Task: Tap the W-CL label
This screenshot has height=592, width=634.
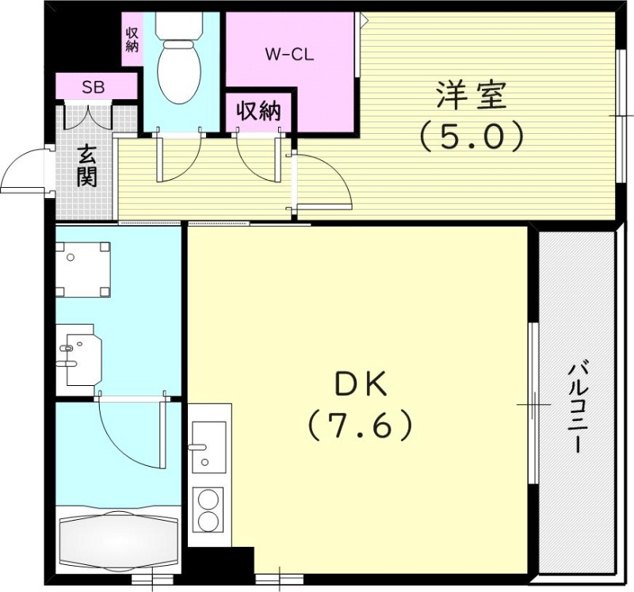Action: tap(289, 55)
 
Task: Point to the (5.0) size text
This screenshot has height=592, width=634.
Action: tap(471, 137)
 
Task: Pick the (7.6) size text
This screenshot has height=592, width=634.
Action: tap(361, 426)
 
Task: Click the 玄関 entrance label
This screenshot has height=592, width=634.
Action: tap(86, 165)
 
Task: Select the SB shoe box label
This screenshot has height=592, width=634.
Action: tap(94, 86)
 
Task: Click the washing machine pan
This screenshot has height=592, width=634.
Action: tap(82, 269)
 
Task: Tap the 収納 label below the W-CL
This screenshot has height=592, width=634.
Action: tap(258, 112)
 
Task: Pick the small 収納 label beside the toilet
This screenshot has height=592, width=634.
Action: tap(132, 40)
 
